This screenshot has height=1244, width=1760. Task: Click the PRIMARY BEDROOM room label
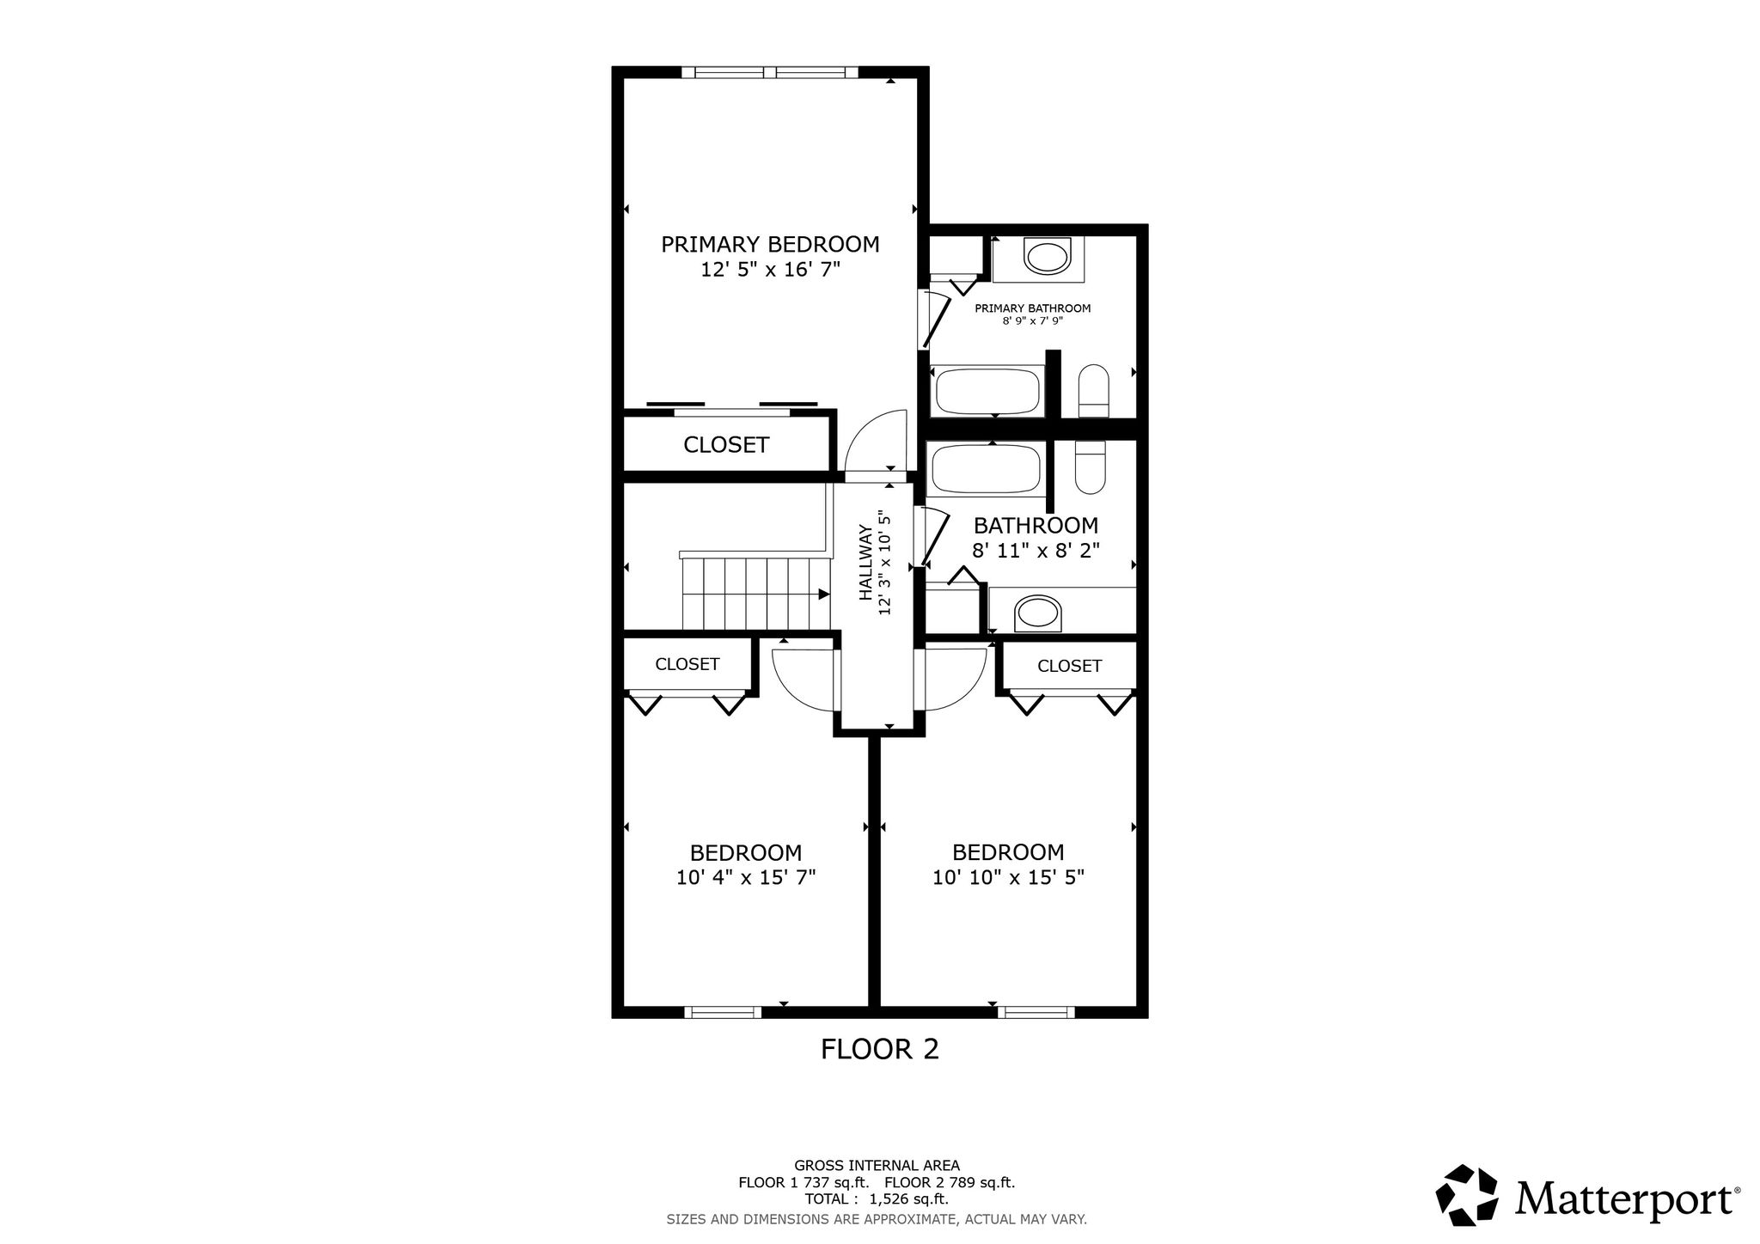click(x=770, y=245)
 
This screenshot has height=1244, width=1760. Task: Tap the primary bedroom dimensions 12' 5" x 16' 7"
click(x=770, y=270)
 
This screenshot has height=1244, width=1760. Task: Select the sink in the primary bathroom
click(x=1048, y=257)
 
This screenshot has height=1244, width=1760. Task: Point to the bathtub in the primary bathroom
click(x=988, y=392)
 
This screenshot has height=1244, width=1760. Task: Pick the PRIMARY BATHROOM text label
click(x=1032, y=308)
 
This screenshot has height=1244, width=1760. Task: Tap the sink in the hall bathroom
click(x=1038, y=614)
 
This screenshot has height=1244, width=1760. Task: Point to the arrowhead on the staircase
click(x=824, y=594)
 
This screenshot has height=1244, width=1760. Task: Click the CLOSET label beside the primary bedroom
click(x=726, y=445)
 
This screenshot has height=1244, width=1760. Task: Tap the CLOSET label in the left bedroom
click(x=687, y=664)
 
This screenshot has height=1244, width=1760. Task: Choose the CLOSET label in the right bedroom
click(x=1069, y=666)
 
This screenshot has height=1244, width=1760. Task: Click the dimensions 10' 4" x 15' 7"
click(x=746, y=877)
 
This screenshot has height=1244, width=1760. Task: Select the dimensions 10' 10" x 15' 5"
click(x=1008, y=877)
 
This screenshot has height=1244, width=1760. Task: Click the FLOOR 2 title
click(x=880, y=1049)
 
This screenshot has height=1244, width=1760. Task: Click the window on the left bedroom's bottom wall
click(x=724, y=1012)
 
